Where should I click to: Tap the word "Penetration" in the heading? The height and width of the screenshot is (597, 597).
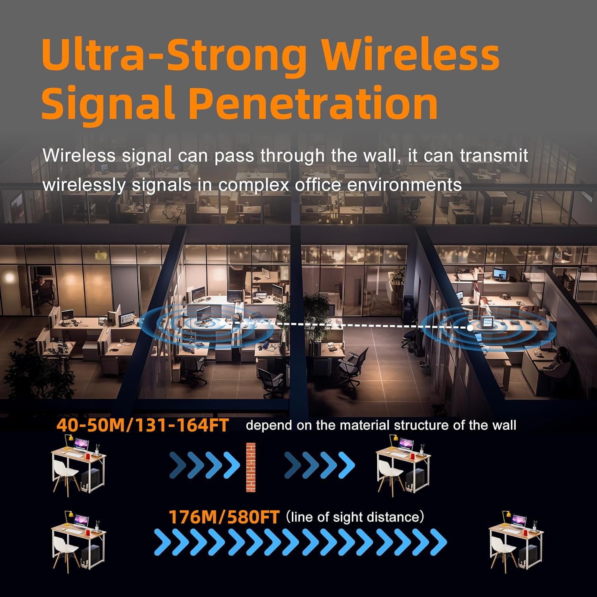[313, 102]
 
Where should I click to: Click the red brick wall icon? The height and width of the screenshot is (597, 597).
[251, 467]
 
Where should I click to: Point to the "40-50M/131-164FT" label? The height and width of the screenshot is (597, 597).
[142, 425]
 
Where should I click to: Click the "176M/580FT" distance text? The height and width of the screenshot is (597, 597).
[224, 517]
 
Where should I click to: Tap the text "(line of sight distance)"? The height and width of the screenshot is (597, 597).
[355, 517]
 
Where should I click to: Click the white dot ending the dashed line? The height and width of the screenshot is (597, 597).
[470, 328]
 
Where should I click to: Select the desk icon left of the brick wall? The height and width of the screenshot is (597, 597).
[79, 466]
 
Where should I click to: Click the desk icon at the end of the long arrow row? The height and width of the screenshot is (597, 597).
[516, 541]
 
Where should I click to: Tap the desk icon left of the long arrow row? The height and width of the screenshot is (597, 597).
[79, 541]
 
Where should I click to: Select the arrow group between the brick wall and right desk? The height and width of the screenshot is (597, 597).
[319, 466]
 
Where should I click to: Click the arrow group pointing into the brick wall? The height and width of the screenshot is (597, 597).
[205, 466]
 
